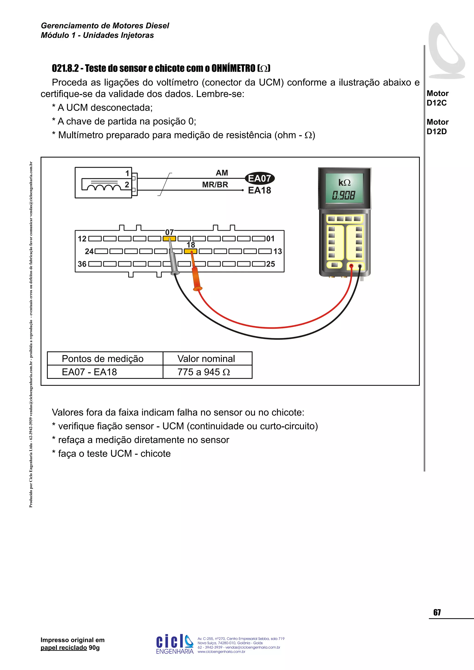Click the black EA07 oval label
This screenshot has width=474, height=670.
259,178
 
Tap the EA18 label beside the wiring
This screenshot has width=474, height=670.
259,191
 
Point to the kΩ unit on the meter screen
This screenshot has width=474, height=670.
344,183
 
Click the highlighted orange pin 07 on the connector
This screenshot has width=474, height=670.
169,239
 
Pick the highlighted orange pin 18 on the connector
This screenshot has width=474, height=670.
190,251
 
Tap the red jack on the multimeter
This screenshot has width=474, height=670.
351,266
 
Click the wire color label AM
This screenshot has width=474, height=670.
222,173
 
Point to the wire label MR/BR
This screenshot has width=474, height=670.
215,185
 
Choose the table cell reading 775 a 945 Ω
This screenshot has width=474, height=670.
204,372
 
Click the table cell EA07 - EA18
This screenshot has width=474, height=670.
89,372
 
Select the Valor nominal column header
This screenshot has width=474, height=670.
206,359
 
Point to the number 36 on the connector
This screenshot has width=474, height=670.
82,264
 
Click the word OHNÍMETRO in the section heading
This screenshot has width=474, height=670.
233,68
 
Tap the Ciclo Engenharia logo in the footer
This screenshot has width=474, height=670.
175,644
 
